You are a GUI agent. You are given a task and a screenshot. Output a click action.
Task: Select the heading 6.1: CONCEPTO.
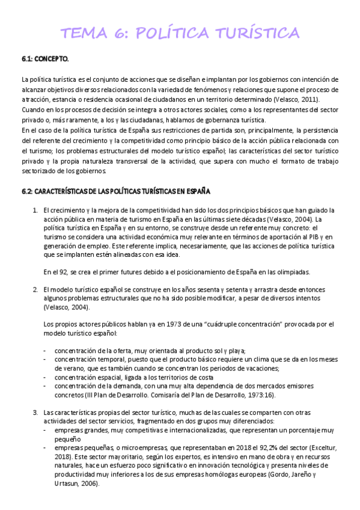coord(45,59)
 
